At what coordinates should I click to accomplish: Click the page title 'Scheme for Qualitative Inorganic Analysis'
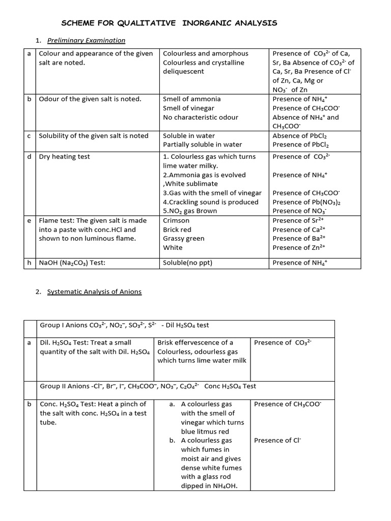[x=169, y=23]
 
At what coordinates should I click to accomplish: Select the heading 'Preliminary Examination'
[x=86, y=40]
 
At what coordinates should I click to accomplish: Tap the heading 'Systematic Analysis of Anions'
[x=94, y=292]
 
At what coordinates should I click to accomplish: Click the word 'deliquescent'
[x=183, y=71]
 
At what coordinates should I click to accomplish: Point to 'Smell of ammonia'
[x=191, y=99]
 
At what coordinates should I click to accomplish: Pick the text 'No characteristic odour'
[x=200, y=117]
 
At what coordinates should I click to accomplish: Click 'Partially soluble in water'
[x=202, y=144]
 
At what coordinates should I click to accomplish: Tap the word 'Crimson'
[x=176, y=220]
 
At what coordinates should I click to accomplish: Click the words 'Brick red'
[x=177, y=229]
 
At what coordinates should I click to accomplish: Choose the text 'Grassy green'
[x=183, y=238]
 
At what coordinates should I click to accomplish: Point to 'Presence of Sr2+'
[x=299, y=220]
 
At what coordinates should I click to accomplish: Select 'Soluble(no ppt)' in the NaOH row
[x=187, y=263]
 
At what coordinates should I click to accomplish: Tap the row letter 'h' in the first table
[x=29, y=263]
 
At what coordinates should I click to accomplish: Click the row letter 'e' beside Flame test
[x=29, y=220]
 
